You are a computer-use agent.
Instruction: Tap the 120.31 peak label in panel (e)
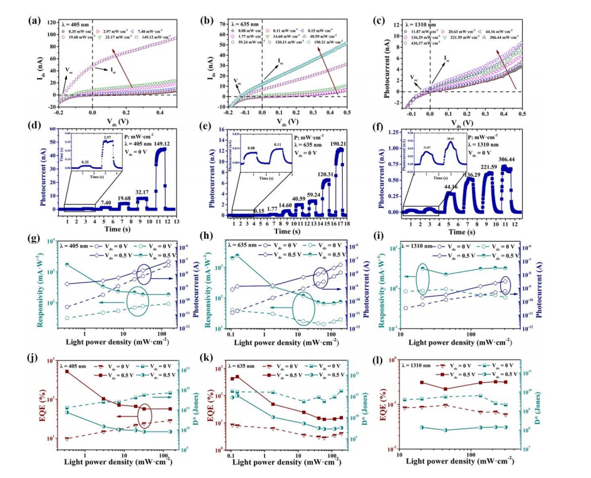pos(327,174)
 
